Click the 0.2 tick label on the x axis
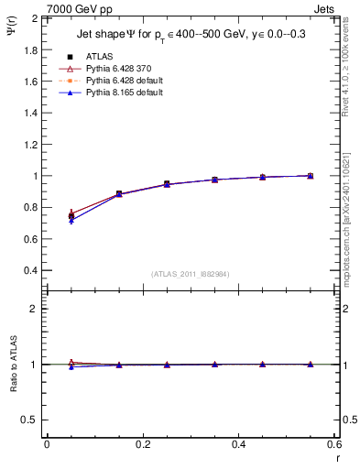tap(142, 444)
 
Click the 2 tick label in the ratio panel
tap(37, 309)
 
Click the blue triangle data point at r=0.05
tap(71, 221)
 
